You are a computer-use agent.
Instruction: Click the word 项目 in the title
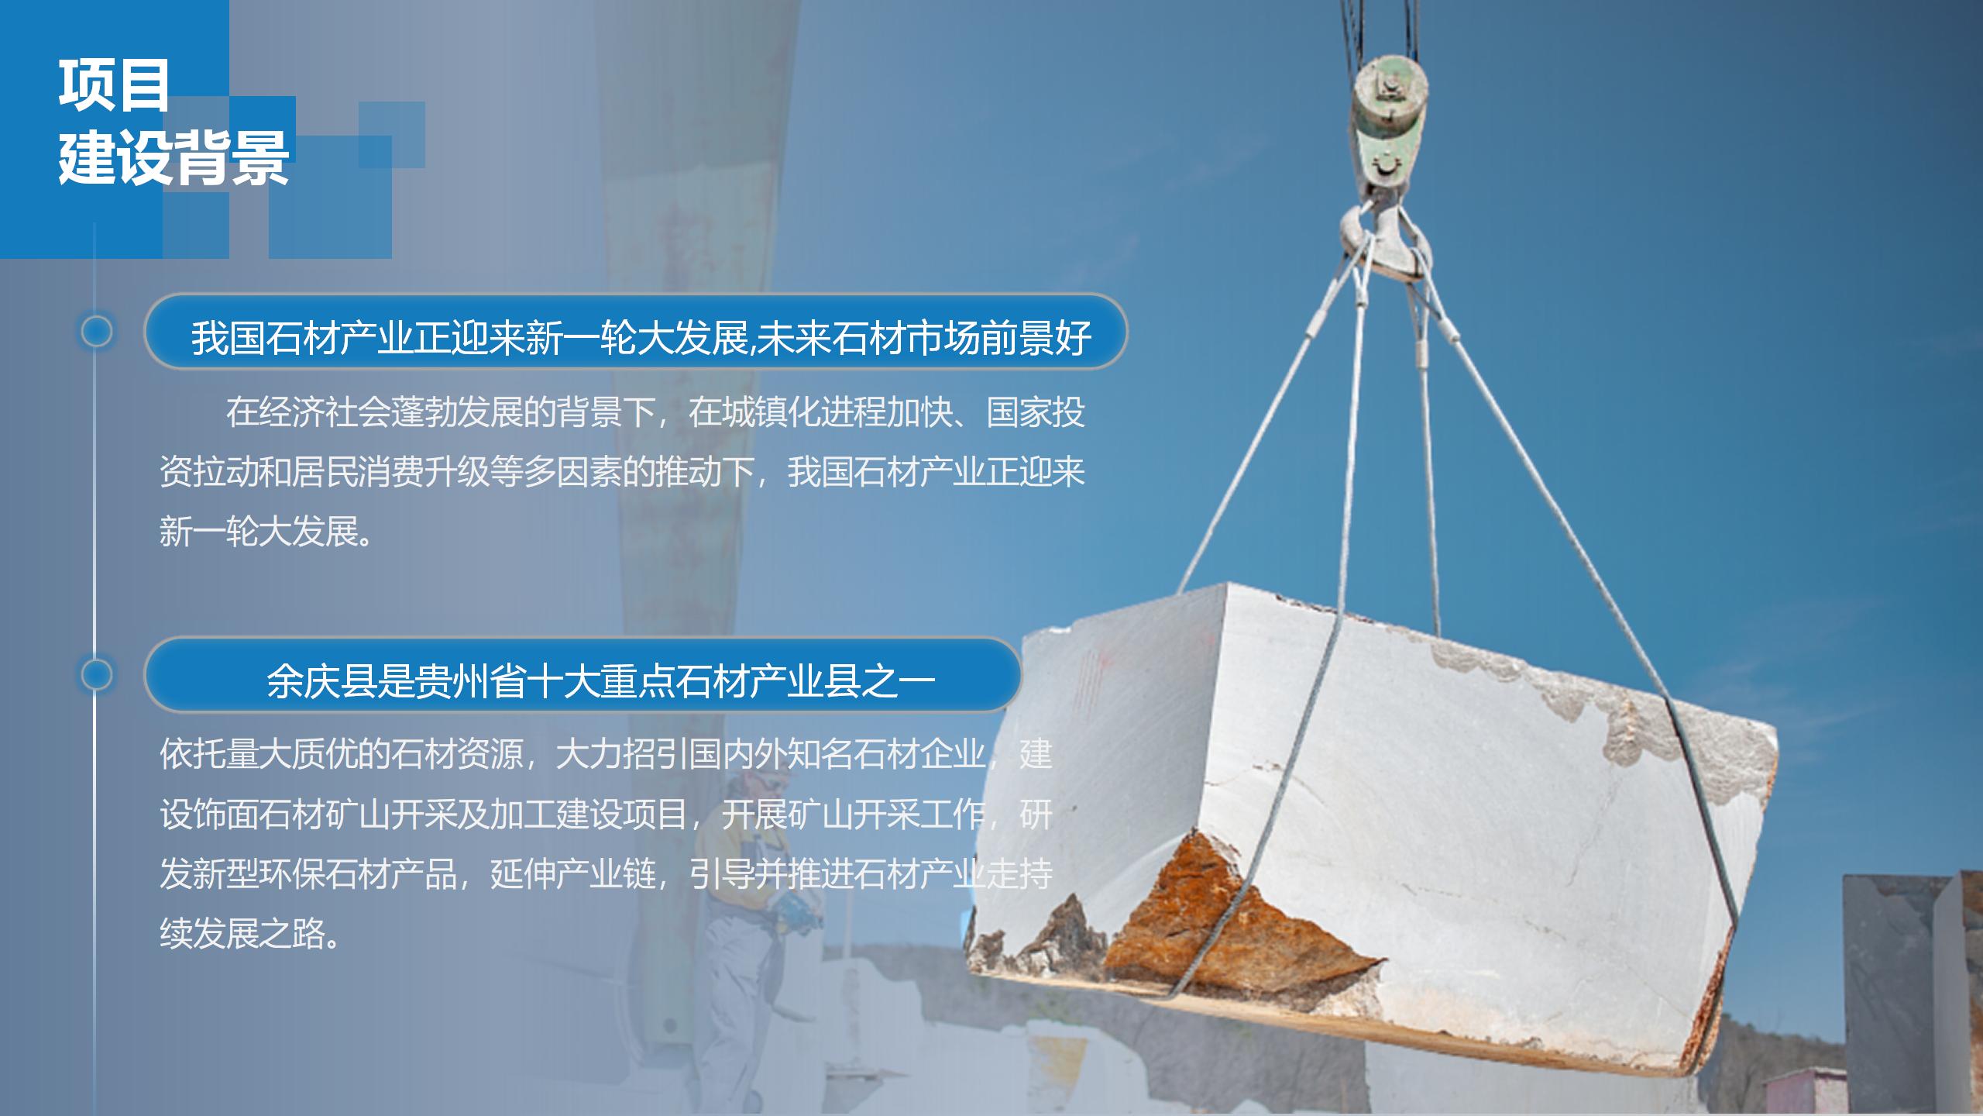[114, 86]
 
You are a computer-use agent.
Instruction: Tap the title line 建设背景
[174, 159]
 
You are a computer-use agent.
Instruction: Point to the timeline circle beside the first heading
[97, 332]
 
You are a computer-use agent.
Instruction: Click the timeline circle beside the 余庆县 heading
[97, 675]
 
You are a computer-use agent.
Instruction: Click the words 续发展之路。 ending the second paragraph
[251, 933]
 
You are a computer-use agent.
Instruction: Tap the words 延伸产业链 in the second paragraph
[572, 874]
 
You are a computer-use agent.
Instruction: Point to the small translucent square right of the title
[392, 134]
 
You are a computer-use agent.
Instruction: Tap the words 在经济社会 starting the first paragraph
[308, 412]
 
